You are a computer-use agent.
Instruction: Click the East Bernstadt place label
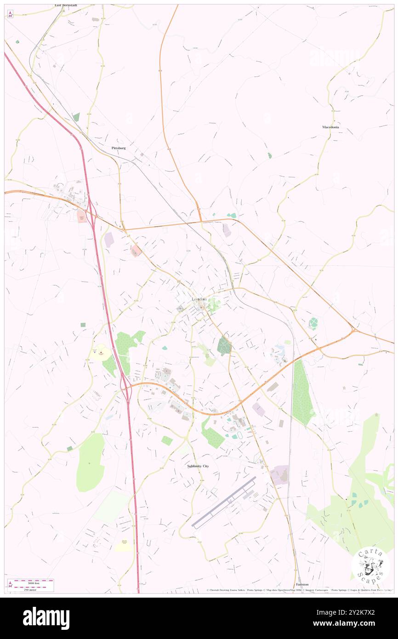pyautogui.click(x=66, y=6)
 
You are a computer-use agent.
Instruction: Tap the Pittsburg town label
pyautogui.click(x=119, y=148)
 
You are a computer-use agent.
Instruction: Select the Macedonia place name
pyautogui.click(x=330, y=127)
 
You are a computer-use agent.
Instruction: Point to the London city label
pyautogui.click(x=199, y=299)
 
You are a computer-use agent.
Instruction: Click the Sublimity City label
pyautogui.click(x=198, y=466)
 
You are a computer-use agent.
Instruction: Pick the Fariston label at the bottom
pyautogui.click(x=302, y=584)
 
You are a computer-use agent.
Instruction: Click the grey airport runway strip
pyautogui.click(x=224, y=502)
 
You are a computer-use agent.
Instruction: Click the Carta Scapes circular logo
pyautogui.click(x=370, y=565)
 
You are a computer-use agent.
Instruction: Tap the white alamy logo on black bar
pyautogui.click(x=46, y=618)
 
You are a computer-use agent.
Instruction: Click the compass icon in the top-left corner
pyautogui.click(x=10, y=14)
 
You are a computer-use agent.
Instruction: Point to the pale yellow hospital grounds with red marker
pyautogui.click(x=101, y=353)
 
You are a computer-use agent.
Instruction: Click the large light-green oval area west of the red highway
pyautogui.click(x=91, y=462)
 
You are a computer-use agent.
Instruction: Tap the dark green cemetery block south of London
pyautogui.click(x=224, y=345)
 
